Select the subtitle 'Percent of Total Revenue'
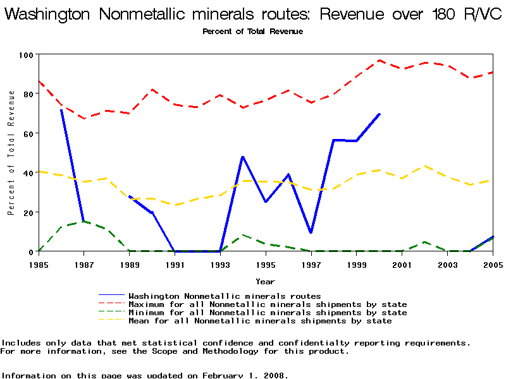(252, 32)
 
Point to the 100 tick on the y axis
(25, 55)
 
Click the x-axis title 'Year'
(265, 281)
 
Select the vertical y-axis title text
(11, 152)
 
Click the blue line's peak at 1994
(242, 157)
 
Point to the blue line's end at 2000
(379, 114)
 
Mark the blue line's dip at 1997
(311, 232)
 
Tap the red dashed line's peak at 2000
(379, 61)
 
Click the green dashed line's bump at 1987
(83, 222)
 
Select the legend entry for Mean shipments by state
(260, 321)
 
